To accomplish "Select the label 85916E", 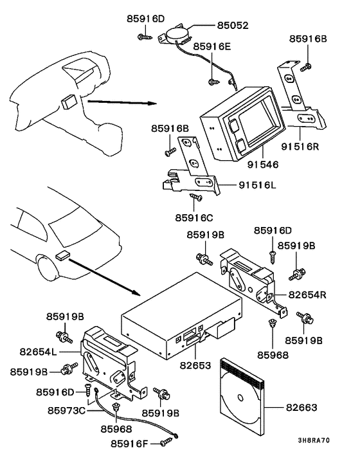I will [x=213, y=47].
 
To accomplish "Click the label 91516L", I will [x=257, y=186].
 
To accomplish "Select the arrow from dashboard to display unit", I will [x=121, y=102].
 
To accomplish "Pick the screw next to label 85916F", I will [x=167, y=440].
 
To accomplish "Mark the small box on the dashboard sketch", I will [x=69, y=102].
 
